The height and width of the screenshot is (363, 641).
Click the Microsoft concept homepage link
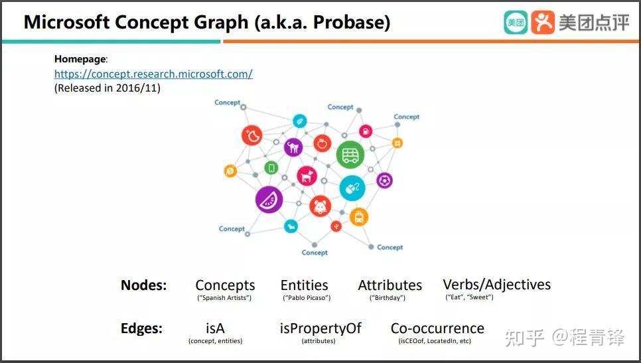point(153,74)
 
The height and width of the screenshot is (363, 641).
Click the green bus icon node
point(350,155)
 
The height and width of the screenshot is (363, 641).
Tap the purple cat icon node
point(293,147)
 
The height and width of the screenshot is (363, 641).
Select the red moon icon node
point(252,135)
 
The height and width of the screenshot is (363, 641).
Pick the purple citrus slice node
point(269,200)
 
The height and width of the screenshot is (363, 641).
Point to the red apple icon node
point(322,143)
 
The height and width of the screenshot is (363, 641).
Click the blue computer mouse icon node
point(352,188)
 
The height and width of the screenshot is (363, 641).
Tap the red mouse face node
point(320,206)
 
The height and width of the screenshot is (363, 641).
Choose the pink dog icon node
point(307,176)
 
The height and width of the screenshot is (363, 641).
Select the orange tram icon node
point(359,216)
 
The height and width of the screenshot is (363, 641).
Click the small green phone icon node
point(271,168)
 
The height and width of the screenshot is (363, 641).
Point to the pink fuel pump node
point(366,131)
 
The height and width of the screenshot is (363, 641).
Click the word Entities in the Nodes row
point(304,285)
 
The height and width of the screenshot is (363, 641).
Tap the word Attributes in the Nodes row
point(390,285)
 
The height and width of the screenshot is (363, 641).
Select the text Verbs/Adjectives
point(497,285)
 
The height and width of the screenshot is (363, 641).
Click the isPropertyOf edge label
point(320,328)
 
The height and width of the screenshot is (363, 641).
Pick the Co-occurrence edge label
point(437,328)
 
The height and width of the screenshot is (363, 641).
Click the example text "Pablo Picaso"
point(307,297)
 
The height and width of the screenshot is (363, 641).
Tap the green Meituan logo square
point(516,23)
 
